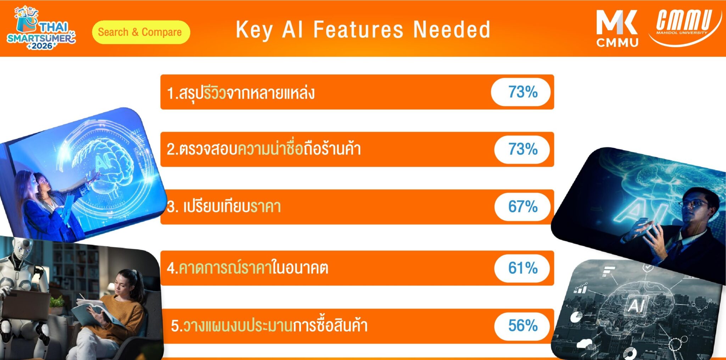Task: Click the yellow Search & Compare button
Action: pos(141,32)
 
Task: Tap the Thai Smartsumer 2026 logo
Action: pos(41,28)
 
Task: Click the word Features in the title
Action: pos(358,29)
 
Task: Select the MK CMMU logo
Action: pos(617,28)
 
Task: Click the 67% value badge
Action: pos(522,207)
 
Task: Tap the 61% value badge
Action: pos(522,268)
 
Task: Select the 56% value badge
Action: pos(522,326)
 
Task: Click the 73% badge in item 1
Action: pos(521,92)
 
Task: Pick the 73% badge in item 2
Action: pos(522,149)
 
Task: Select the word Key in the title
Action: pos(255,30)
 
